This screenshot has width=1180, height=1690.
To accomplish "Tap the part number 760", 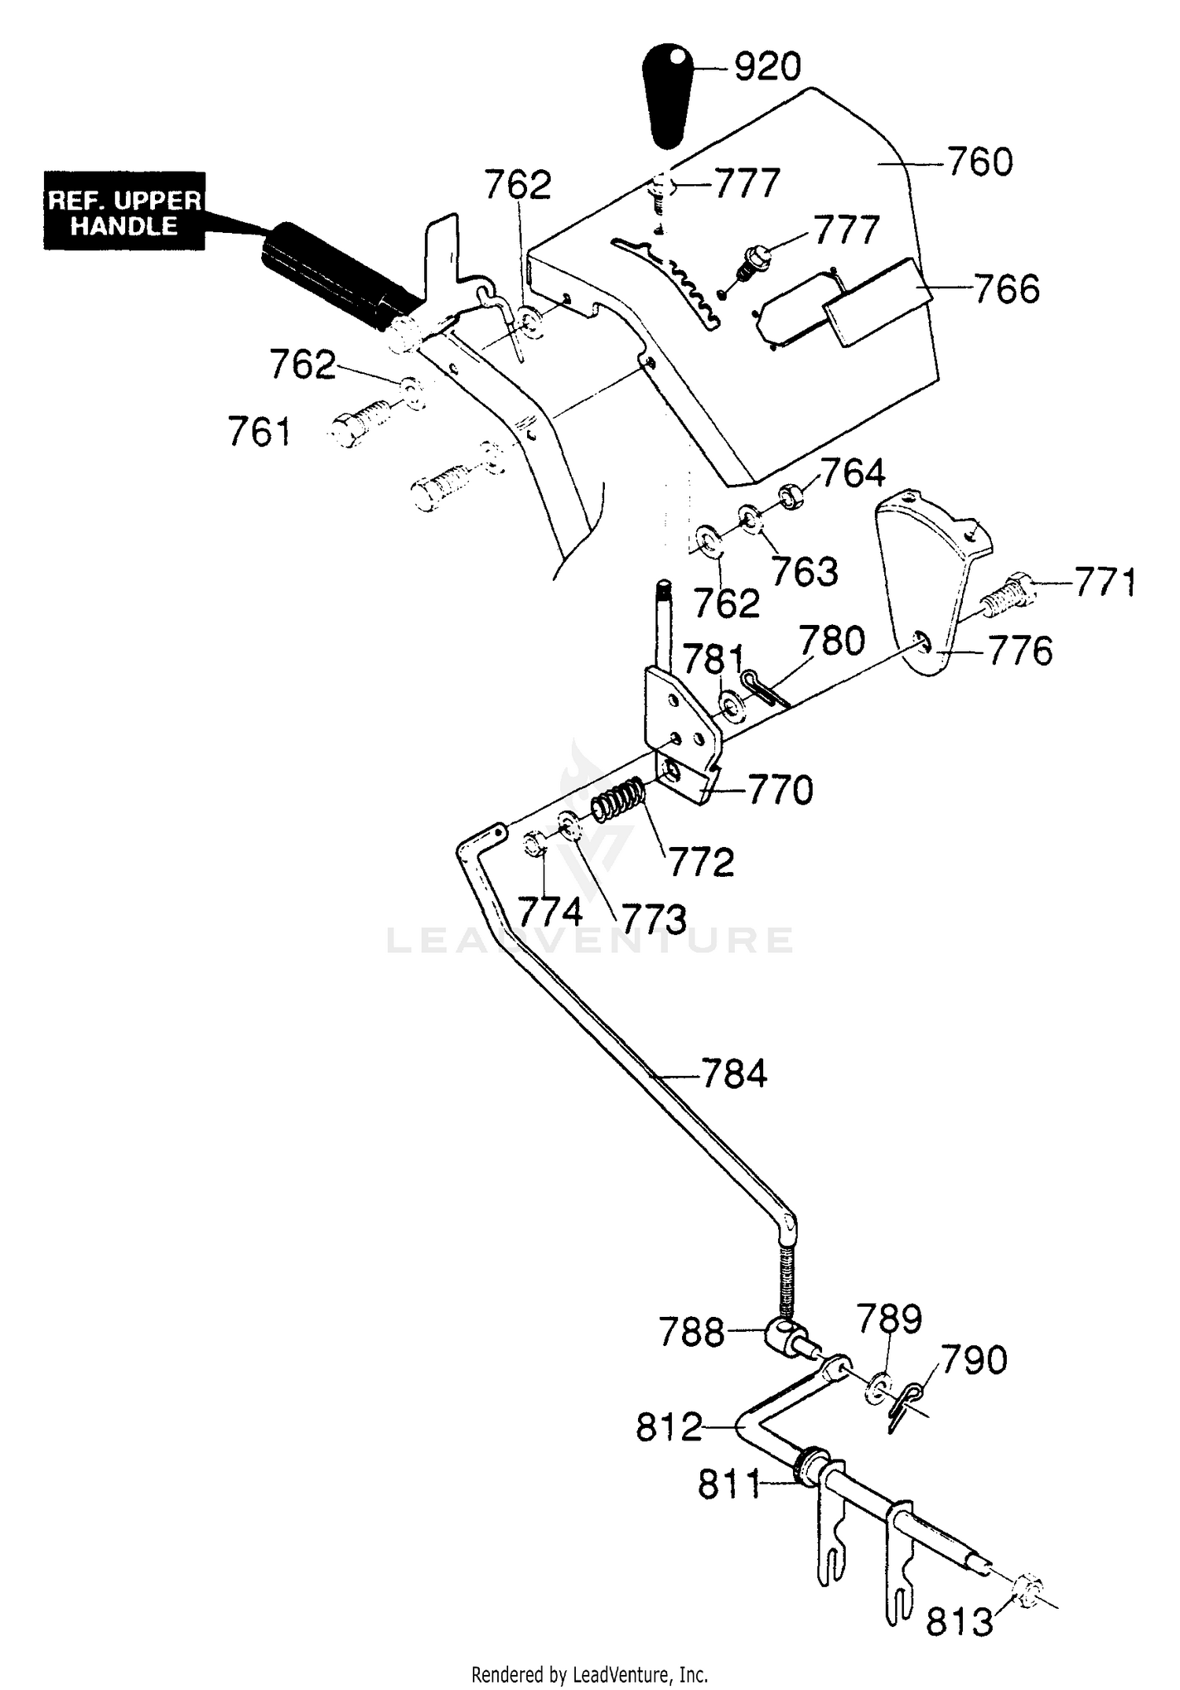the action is pyautogui.click(x=979, y=163).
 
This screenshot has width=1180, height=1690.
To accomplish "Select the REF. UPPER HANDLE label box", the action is pyautogui.click(x=124, y=211).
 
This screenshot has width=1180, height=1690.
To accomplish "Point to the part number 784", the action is pyautogui.click(x=734, y=1074).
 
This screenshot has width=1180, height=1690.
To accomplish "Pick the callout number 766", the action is pyautogui.click(x=1007, y=289).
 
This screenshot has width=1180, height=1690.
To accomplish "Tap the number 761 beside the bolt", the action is pyautogui.click(x=260, y=432).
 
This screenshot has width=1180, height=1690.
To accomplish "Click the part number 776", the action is pyautogui.click(x=1020, y=652).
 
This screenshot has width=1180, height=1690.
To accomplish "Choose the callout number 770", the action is pyautogui.click(x=780, y=790).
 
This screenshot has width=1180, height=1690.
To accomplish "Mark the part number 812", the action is pyautogui.click(x=669, y=1427).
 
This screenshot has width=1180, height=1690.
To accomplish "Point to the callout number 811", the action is pyautogui.click(x=729, y=1485).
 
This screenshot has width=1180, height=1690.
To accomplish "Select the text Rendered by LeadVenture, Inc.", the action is pyautogui.click(x=590, y=1674).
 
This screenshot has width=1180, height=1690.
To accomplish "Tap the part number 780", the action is pyautogui.click(x=832, y=641).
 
